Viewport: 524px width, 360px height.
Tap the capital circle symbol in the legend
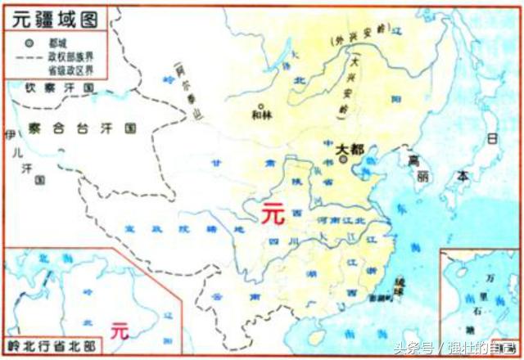pyautogui.click(x=30, y=42)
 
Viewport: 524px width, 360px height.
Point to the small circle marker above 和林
pyautogui.click(x=261, y=106)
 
